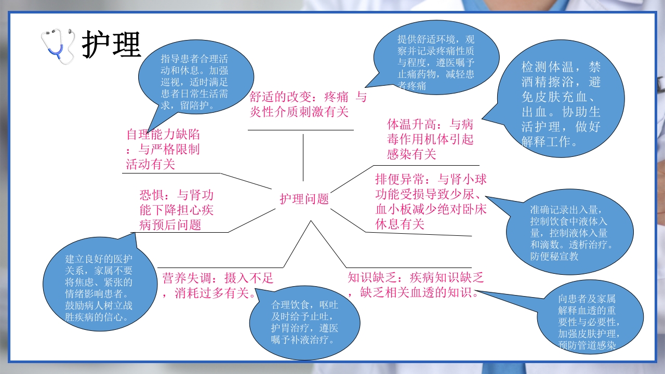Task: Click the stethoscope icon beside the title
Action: (x=59, y=46)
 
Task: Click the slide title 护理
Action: (x=111, y=45)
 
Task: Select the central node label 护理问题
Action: (x=304, y=199)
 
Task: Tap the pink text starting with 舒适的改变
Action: (x=308, y=104)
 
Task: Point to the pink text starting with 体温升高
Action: (x=430, y=139)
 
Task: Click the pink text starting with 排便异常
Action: (x=431, y=202)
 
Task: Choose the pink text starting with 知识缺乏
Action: (x=416, y=285)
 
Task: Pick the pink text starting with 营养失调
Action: (x=217, y=285)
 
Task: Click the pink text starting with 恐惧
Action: (x=176, y=210)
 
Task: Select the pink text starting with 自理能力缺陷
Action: (x=163, y=149)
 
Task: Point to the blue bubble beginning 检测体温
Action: (x=561, y=104)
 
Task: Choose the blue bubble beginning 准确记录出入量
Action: (x=568, y=233)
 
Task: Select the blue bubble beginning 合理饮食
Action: (x=304, y=323)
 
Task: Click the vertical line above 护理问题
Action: (x=303, y=157)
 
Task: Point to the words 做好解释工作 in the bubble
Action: (x=561, y=133)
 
